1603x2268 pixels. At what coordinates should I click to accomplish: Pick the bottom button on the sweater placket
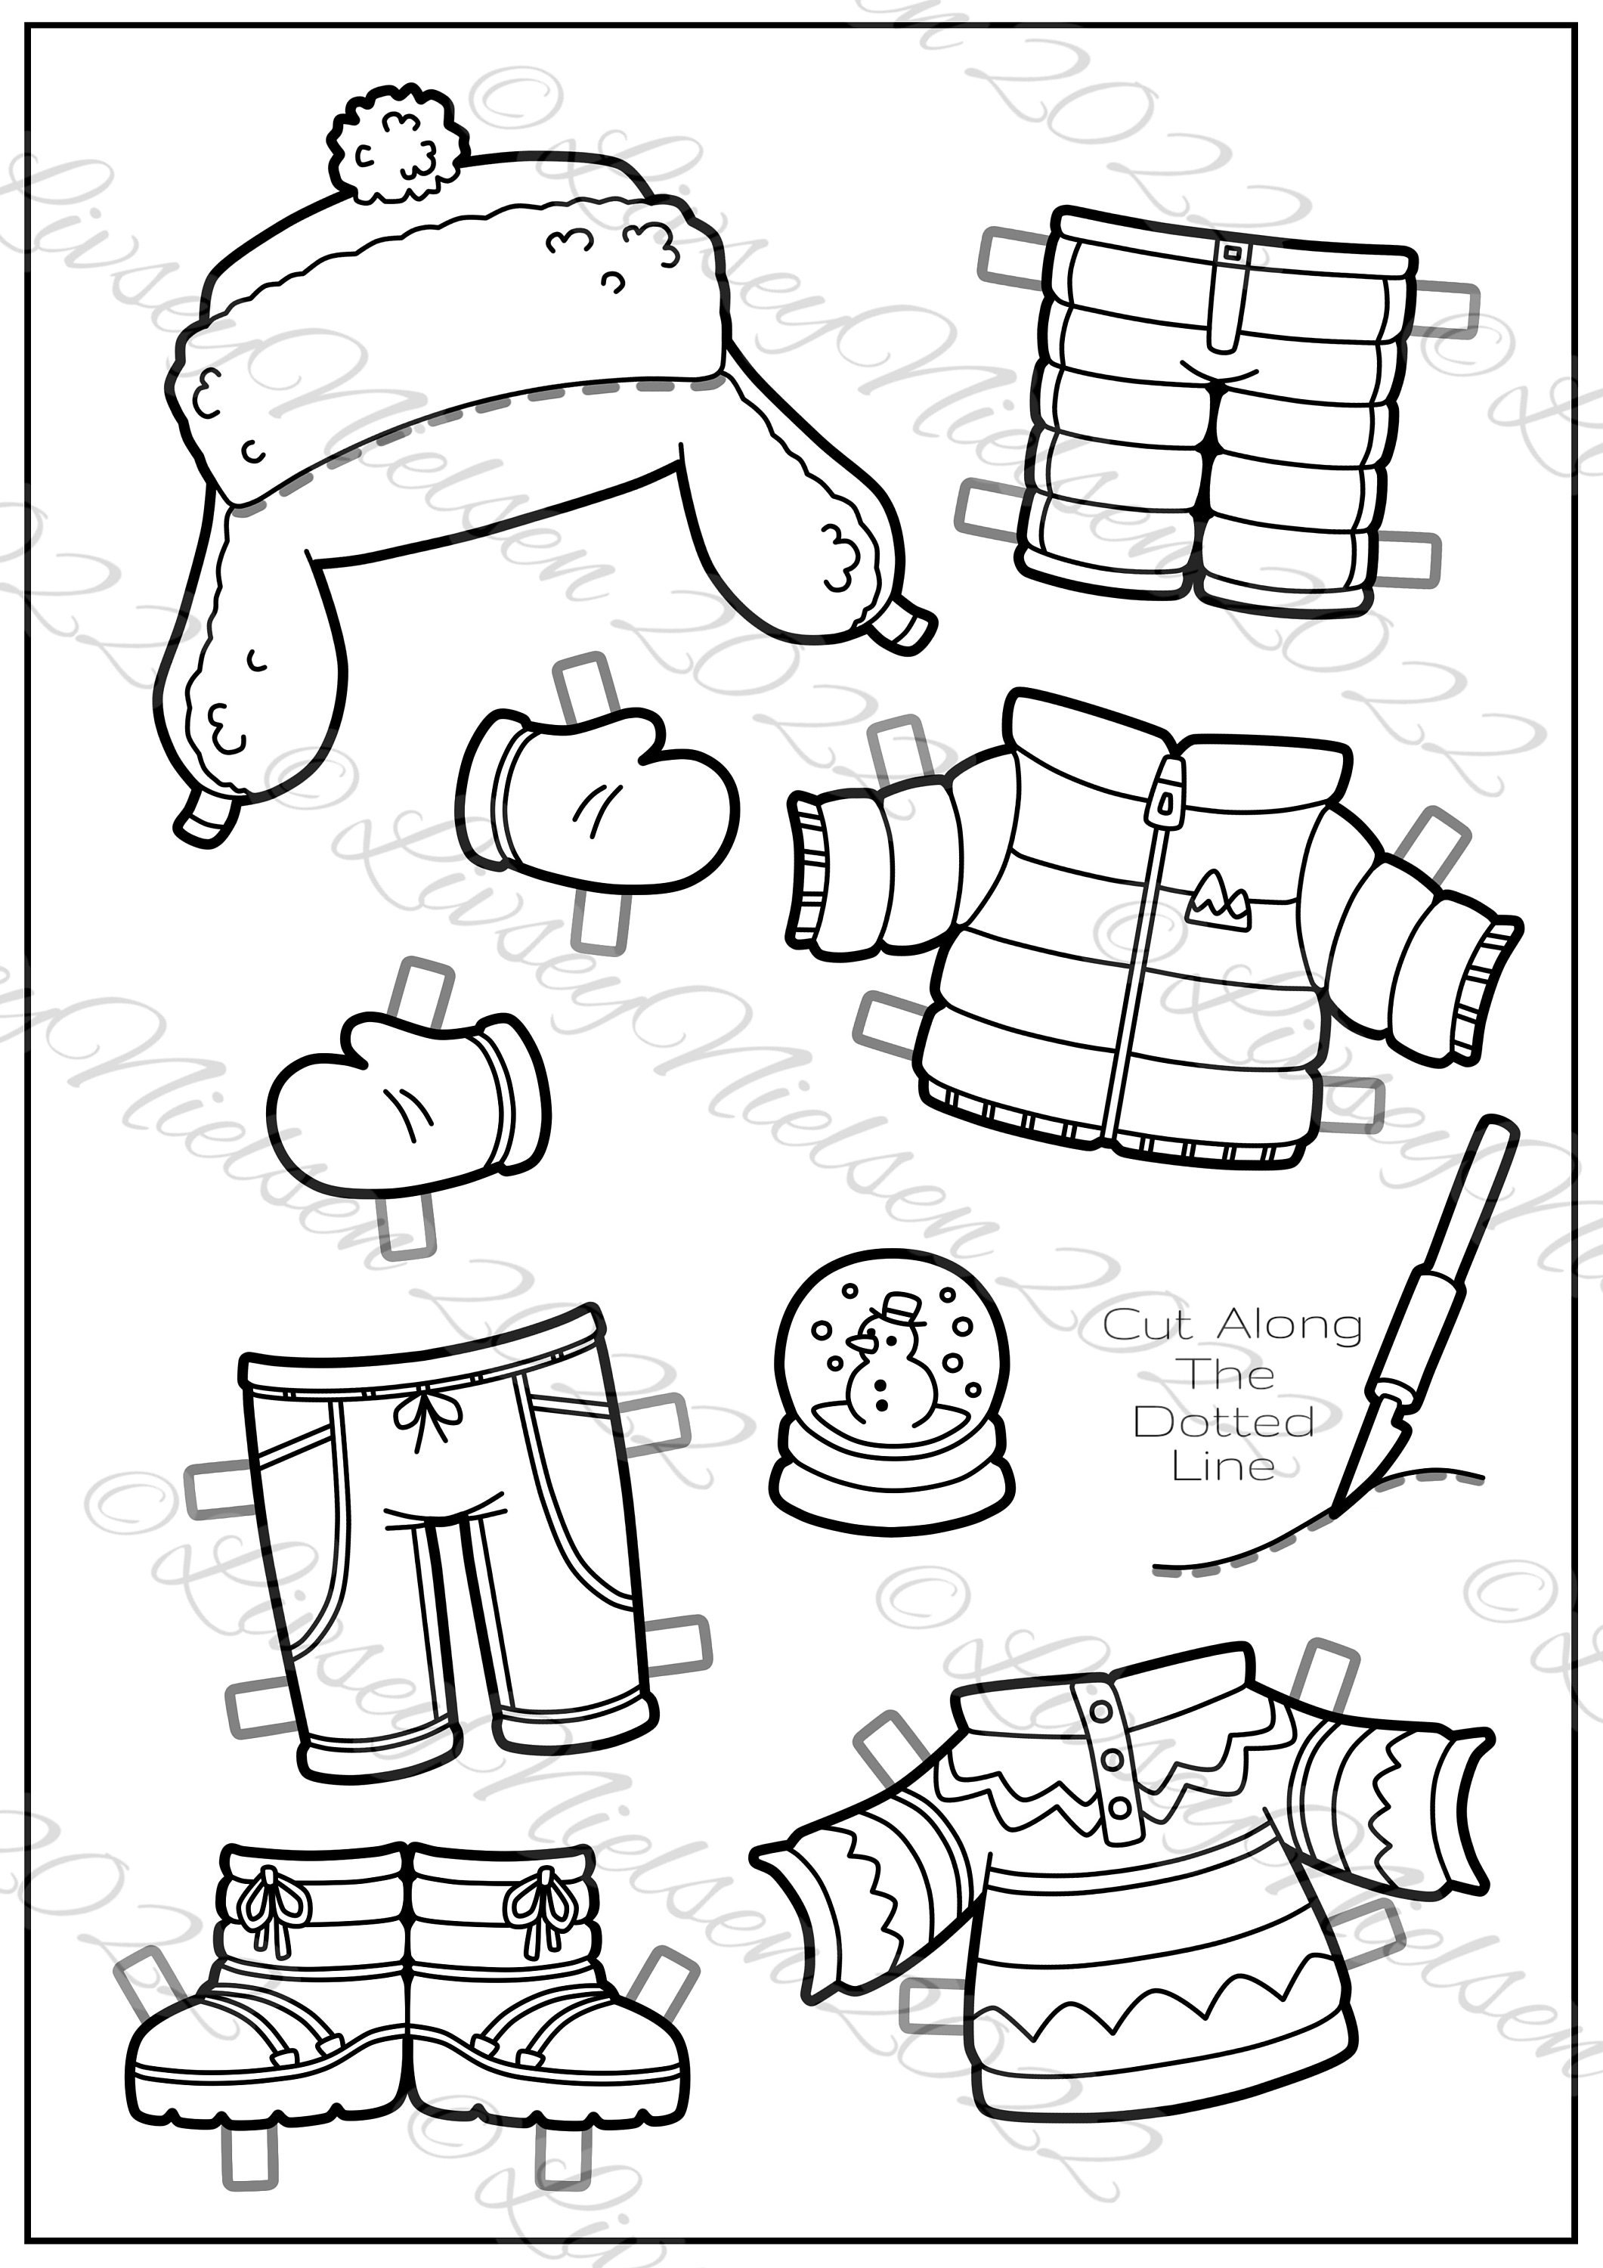point(1119,1808)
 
